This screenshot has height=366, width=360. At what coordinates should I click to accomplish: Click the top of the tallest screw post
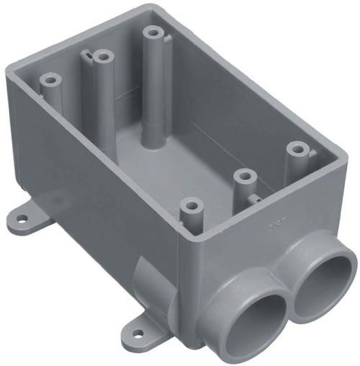tap(152, 32)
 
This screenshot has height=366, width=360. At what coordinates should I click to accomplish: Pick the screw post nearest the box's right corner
tap(297, 149)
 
